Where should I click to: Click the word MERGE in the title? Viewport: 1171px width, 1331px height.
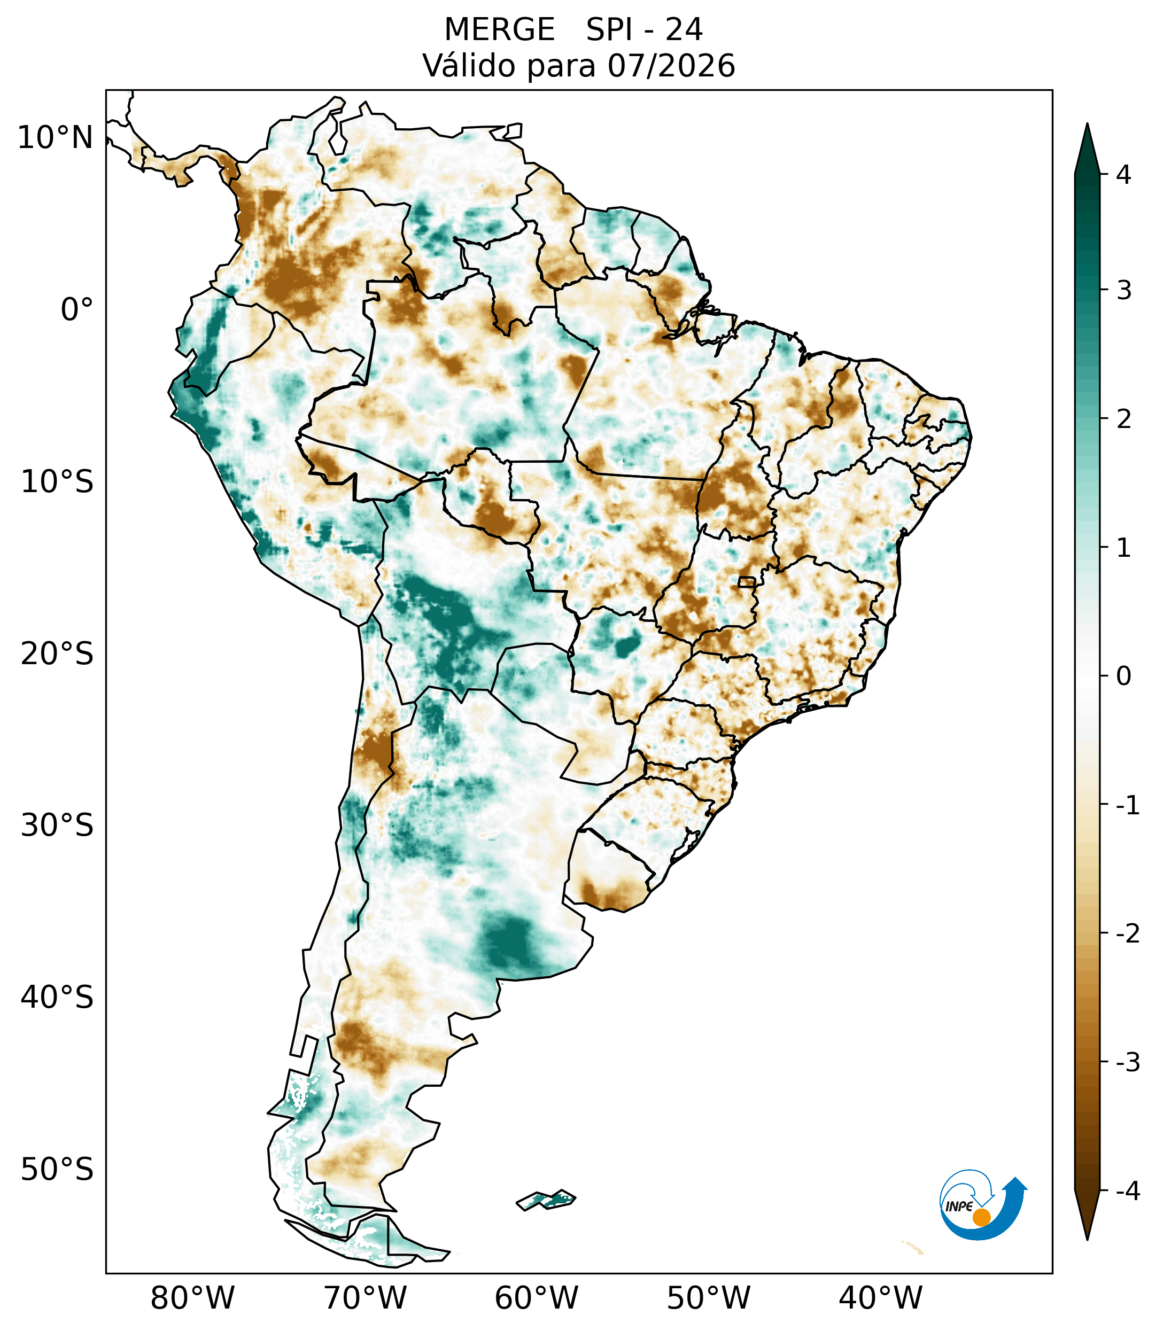[500, 29]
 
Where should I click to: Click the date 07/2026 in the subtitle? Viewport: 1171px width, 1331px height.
[671, 66]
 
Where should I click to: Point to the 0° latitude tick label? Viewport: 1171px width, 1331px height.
[77, 309]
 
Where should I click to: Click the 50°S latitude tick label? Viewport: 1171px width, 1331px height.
[57, 1169]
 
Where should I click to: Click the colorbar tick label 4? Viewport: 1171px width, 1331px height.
[1123, 175]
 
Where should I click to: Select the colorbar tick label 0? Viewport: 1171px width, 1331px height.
[1123, 676]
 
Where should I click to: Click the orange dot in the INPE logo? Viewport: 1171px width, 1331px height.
[981, 1217]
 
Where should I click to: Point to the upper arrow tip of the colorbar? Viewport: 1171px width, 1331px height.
[1087, 124]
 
